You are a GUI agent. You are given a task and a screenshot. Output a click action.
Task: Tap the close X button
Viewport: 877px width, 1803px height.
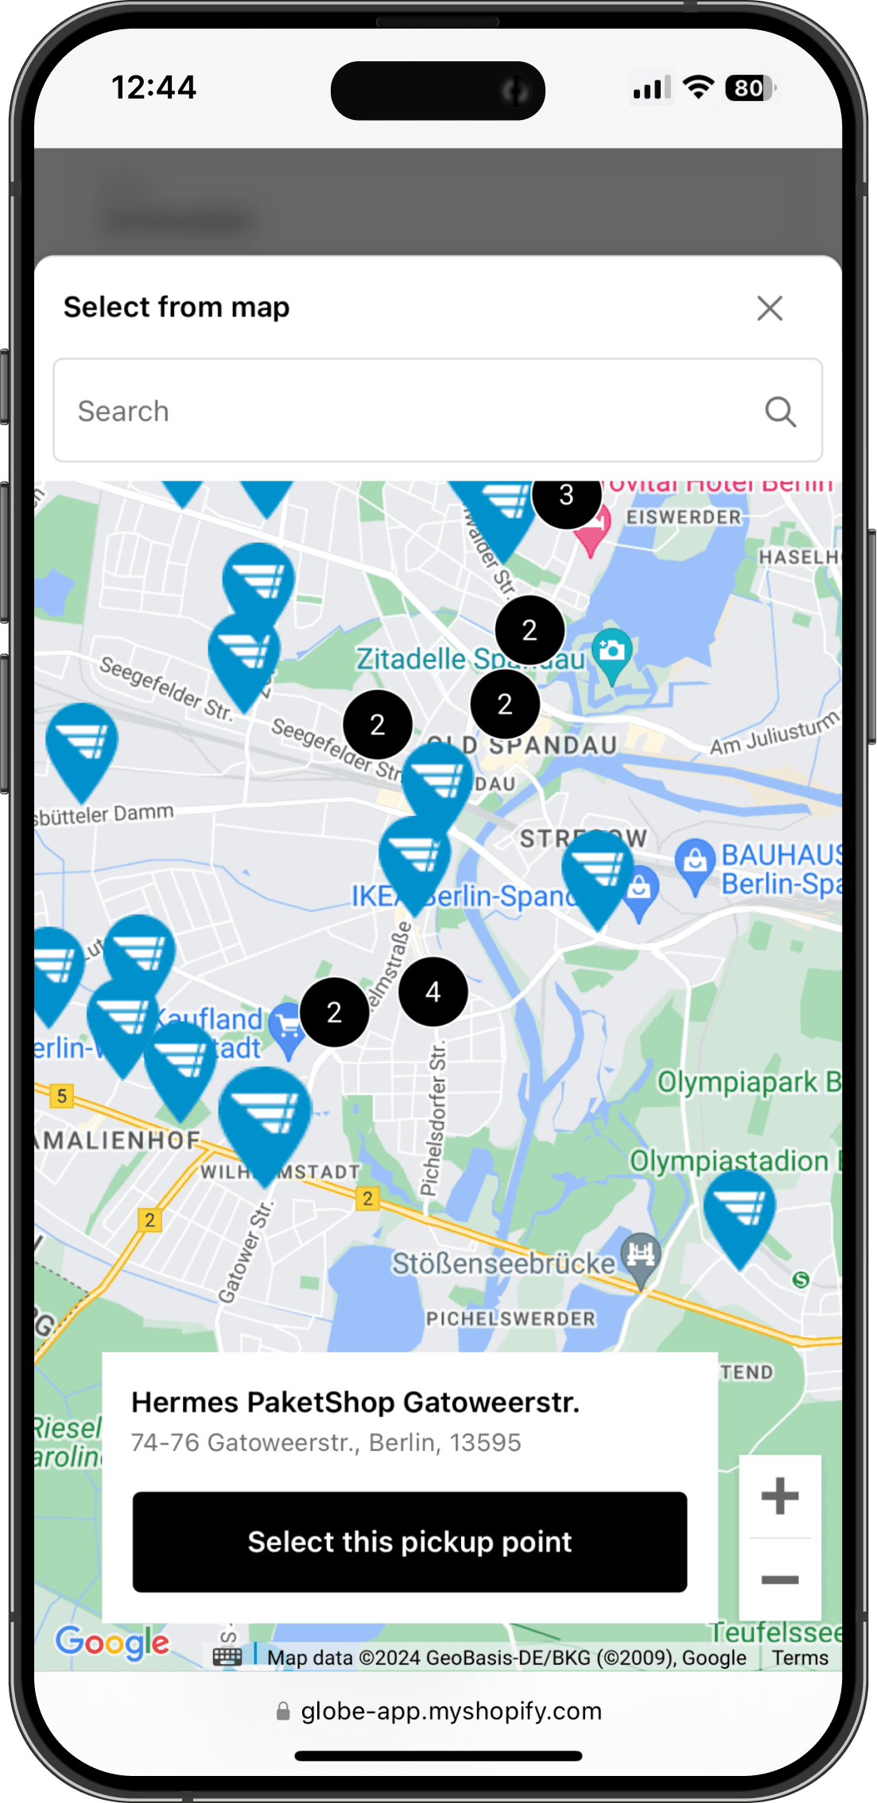(x=770, y=308)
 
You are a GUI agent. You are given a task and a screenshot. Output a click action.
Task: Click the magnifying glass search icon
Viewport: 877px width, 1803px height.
(x=780, y=412)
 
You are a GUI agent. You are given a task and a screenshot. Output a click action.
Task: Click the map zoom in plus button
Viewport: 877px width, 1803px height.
(x=779, y=1496)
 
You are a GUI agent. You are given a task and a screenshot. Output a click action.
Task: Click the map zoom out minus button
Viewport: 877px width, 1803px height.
(x=779, y=1580)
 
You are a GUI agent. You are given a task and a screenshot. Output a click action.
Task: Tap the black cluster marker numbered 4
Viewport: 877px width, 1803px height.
(x=433, y=992)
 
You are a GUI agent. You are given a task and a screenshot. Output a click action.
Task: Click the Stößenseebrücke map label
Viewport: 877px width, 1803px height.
(x=503, y=1263)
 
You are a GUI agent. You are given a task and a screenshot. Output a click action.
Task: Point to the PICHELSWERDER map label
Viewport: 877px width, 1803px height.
(x=510, y=1319)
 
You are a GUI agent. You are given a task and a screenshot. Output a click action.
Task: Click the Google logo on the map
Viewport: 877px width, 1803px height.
(x=112, y=1642)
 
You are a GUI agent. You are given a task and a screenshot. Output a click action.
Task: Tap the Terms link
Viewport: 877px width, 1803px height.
(x=800, y=1658)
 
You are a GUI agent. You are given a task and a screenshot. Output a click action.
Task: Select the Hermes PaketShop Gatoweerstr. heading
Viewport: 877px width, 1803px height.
(x=355, y=1403)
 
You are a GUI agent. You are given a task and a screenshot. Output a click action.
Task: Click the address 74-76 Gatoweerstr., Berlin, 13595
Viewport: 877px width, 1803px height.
(x=326, y=1442)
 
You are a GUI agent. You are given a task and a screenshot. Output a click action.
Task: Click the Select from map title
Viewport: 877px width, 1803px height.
(x=177, y=308)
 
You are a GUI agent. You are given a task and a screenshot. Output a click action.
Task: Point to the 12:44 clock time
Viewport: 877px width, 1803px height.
(x=153, y=87)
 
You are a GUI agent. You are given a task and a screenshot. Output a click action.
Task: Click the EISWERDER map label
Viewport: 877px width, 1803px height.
(x=684, y=517)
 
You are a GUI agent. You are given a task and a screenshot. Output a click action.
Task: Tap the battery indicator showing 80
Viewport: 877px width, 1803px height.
(x=750, y=88)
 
